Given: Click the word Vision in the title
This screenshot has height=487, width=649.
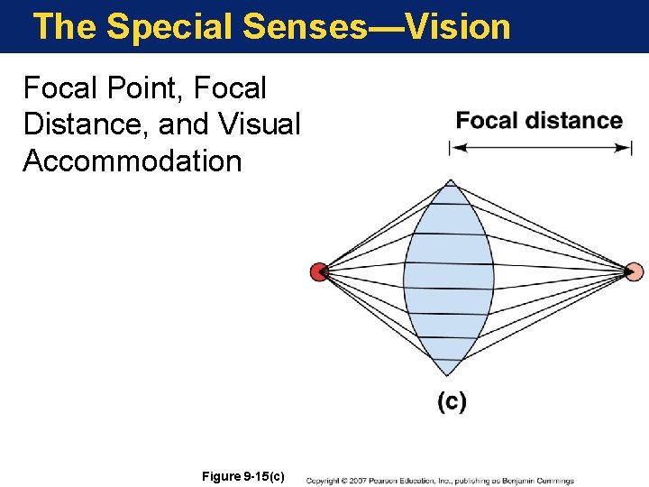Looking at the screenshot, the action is coord(458,26).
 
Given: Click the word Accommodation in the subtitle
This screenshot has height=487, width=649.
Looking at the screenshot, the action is coord(133,161).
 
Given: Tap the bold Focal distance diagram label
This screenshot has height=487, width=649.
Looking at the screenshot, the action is coord(539,121).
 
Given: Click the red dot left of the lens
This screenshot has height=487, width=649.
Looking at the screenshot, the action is coord(318,271).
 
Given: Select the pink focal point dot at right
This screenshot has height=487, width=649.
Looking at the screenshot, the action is coord(634,271).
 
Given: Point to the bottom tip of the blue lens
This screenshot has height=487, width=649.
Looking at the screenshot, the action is coord(449,373).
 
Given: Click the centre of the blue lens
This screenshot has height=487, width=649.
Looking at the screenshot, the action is coord(449,278).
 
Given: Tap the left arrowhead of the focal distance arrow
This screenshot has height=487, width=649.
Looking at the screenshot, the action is coord(455,148).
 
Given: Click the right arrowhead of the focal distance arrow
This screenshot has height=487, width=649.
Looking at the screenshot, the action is coord(625,148).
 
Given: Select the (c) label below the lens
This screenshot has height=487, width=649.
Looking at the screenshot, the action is coord(452,401).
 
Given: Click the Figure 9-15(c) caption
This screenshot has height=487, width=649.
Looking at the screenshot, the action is coord(244,475).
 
